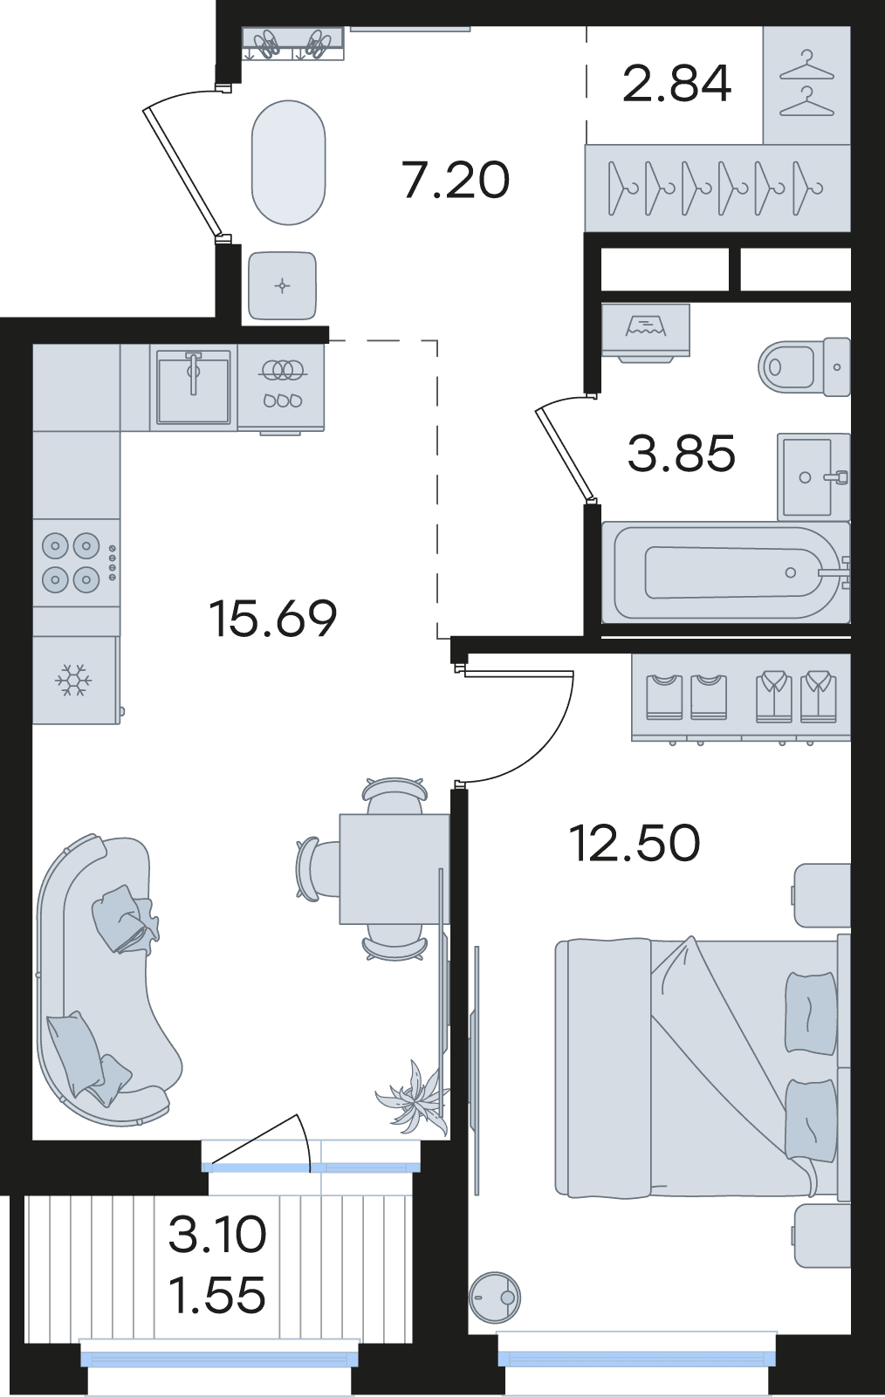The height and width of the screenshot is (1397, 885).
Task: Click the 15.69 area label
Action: pyautogui.click(x=274, y=618)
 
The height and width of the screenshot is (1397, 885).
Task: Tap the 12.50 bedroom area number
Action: pyautogui.click(x=635, y=843)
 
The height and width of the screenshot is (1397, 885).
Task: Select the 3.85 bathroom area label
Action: pyautogui.click(x=682, y=454)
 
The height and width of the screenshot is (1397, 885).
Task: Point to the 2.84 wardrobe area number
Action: pyautogui.click(x=676, y=84)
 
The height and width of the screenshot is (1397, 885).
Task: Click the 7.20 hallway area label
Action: pyautogui.click(x=456, y=181)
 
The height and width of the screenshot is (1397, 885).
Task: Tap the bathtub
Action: pyautogui.click(x=726, y=572)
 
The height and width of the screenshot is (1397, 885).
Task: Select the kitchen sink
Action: pyautogui.click(x=194, y=387)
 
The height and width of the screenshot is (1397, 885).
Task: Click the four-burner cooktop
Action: pyautogui.click(x=75, y=562)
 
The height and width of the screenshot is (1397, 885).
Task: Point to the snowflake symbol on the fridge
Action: pyautogui.click(x=74, y=680)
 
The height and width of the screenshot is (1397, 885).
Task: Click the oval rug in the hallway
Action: pyautogui.click(x=288, y=163)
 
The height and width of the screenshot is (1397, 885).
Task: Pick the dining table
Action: pyautogui.click(x=394, y=868)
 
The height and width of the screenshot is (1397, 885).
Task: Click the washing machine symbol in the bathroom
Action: pyautogui.click(x=646, y=331)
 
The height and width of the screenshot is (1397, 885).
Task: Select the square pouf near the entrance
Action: pyautogui.click(x=282, y=286)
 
